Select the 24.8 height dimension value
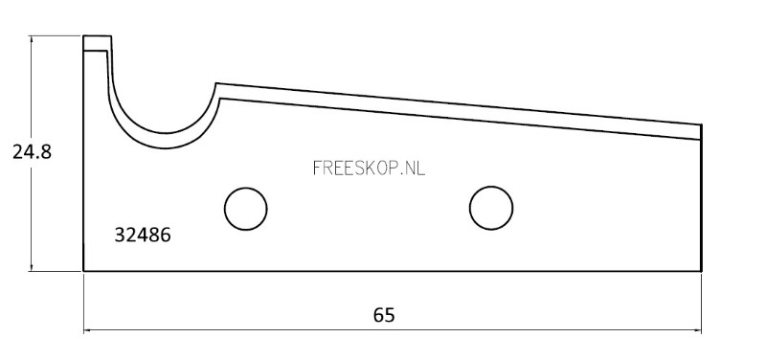(32, 152)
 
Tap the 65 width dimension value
(384, 315)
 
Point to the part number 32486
(143, 236)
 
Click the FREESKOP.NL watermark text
(369, 169)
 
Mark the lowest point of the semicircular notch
(166, 133)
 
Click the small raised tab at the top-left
(97, 43)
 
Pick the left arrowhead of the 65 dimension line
(87, 330)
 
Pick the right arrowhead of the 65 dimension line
(698, 330)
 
